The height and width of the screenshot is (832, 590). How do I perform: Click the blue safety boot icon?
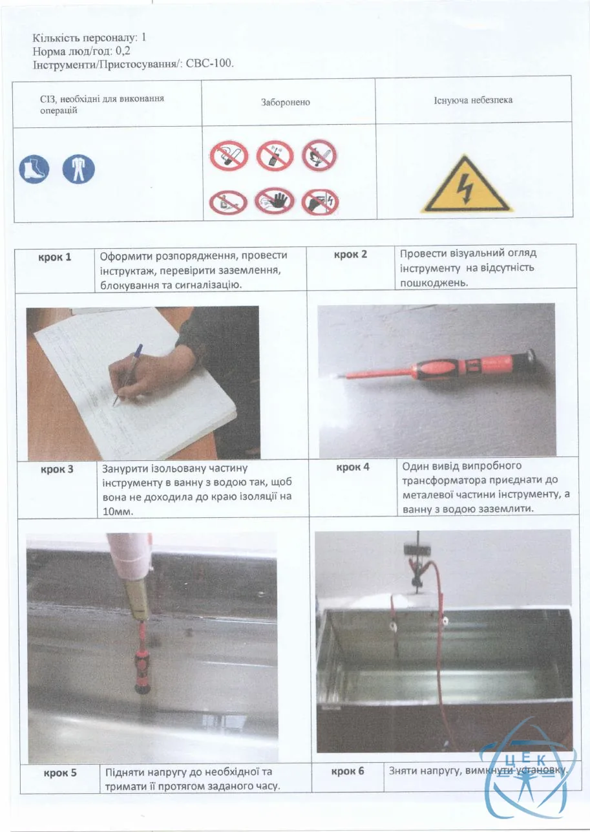34,169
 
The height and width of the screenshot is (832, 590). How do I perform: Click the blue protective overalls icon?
78,169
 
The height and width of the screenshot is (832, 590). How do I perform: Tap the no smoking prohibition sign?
229,156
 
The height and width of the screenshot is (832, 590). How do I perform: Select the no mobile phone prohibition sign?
275,155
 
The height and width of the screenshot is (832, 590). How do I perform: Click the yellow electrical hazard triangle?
466,185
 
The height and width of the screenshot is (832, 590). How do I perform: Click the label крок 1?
54,257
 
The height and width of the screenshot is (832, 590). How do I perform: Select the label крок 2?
350,255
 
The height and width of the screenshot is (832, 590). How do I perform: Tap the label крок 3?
57,469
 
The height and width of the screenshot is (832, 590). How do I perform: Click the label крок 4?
353,467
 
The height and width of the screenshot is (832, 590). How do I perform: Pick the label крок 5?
60,773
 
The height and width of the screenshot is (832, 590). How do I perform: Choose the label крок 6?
348,771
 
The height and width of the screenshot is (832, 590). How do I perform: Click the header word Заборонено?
285,102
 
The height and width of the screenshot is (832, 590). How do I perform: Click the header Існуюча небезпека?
473,100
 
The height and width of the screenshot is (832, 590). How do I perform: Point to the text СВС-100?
209,63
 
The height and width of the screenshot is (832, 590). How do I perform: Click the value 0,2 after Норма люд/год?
123,50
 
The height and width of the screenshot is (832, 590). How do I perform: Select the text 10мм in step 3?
118,512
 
